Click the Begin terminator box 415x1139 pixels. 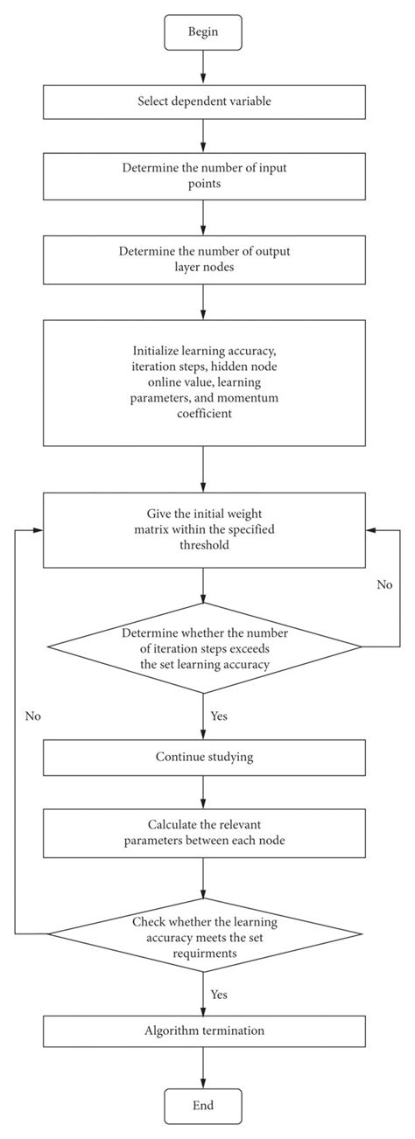click(203, 34)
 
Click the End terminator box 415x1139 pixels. click(203, 1104)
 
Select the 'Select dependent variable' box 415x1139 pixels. click(203, 101)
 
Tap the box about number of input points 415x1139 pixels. click(203, 176)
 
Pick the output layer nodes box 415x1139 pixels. click(203, 259)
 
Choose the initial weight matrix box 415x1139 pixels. click(203, 530)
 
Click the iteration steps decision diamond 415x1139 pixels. click(203, 647)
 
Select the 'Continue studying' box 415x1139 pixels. click(203, 757)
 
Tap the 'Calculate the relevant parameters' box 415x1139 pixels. click(203, 832)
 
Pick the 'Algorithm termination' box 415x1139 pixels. click(203, 1031)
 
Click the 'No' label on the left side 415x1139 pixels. click(33, 716)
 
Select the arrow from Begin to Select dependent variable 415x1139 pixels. click(203, 69)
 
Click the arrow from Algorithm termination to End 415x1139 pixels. click(203, 1067)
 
